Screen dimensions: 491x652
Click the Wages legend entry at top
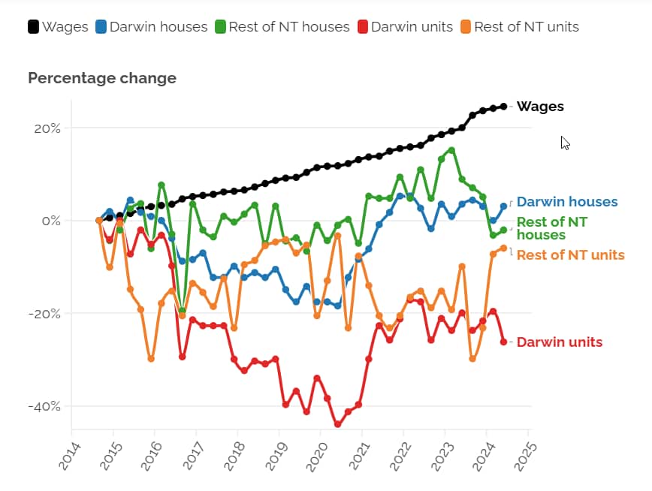pyautogui.click(x=58, y=27)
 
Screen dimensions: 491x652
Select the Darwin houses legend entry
pyautogui.click(x=150, y=27)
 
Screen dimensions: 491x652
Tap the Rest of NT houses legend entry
pyautogui.click(x=281, y=27)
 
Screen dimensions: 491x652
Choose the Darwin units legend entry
pyautogui.click(x=403, y=27)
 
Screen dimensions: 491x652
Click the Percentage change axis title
pyautogui.click(x=102, y=78)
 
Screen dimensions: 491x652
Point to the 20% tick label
pyautogui.click(x=46, y=128)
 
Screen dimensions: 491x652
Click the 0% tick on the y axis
pyautogui.click(x=50, y=221)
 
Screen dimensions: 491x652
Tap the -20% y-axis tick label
pyautogui.click(x=44, y=314)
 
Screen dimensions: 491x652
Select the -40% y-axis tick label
pyautogui.click(x=44, y=406)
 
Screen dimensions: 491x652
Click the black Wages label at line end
pyautogui.click(x=540, y=107)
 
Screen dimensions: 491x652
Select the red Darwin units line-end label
pyautogui.click(x=560, y=342)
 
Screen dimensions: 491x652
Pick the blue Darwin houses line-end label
pyautogui.click(x=567, y=202)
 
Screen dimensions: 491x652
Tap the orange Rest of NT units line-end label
pyautogui.click(x=570, y=255)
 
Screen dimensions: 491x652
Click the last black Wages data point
pyautogui.click(x=503, y=107)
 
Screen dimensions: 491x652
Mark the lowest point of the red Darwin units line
pyautogui.click(x=337, y=424)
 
